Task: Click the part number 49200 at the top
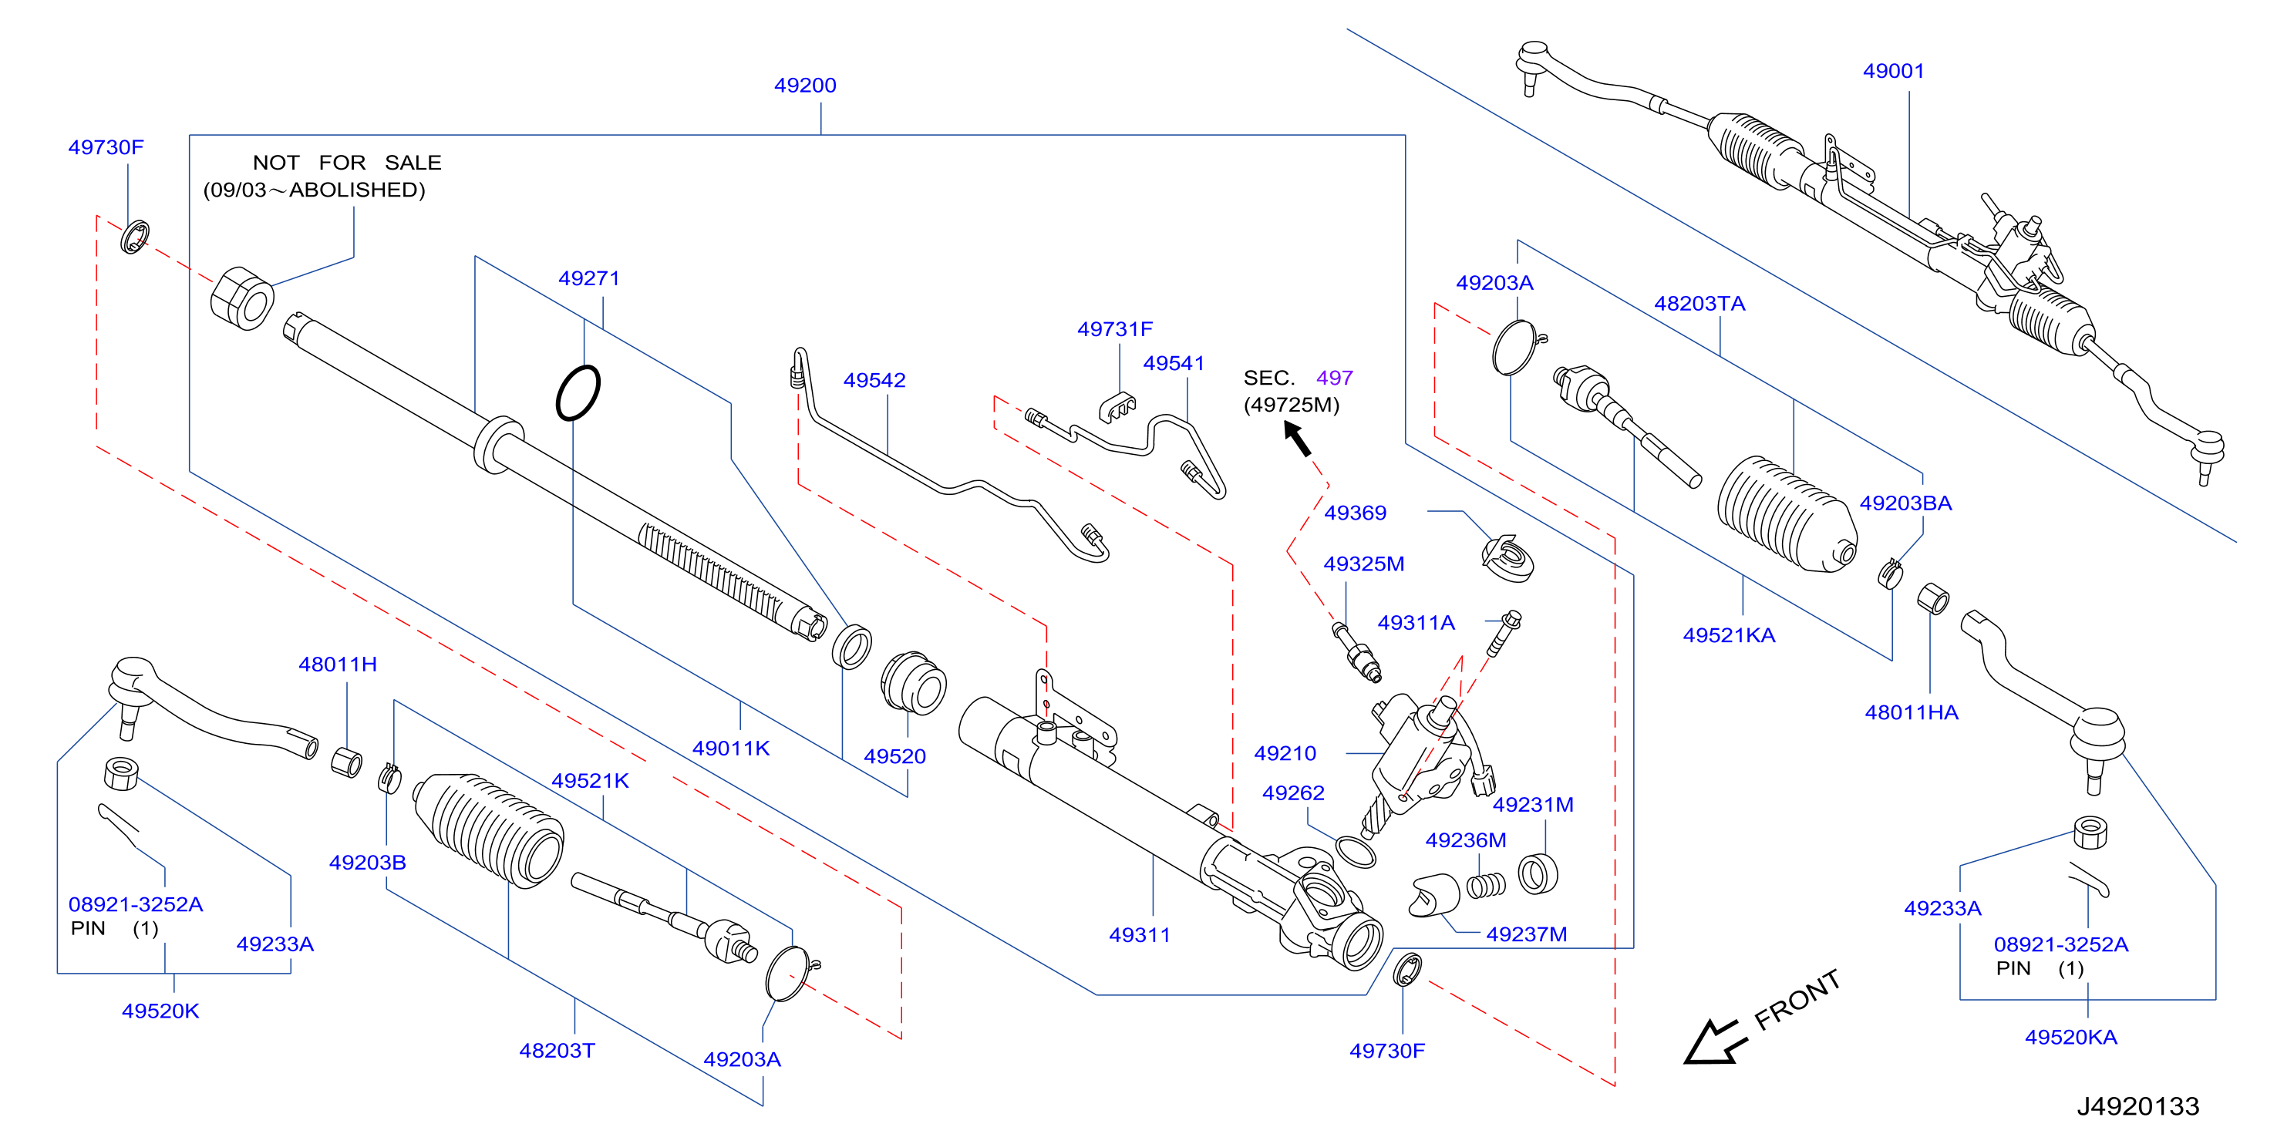(805, 86)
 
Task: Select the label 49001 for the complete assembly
(1893, 71)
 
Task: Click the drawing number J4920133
(2137, 1105)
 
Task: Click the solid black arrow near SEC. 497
(1298, 438)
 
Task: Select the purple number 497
(1334, 379)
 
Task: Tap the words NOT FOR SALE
(347, 163)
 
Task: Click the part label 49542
(874, 380)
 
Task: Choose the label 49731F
(1115, 329)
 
